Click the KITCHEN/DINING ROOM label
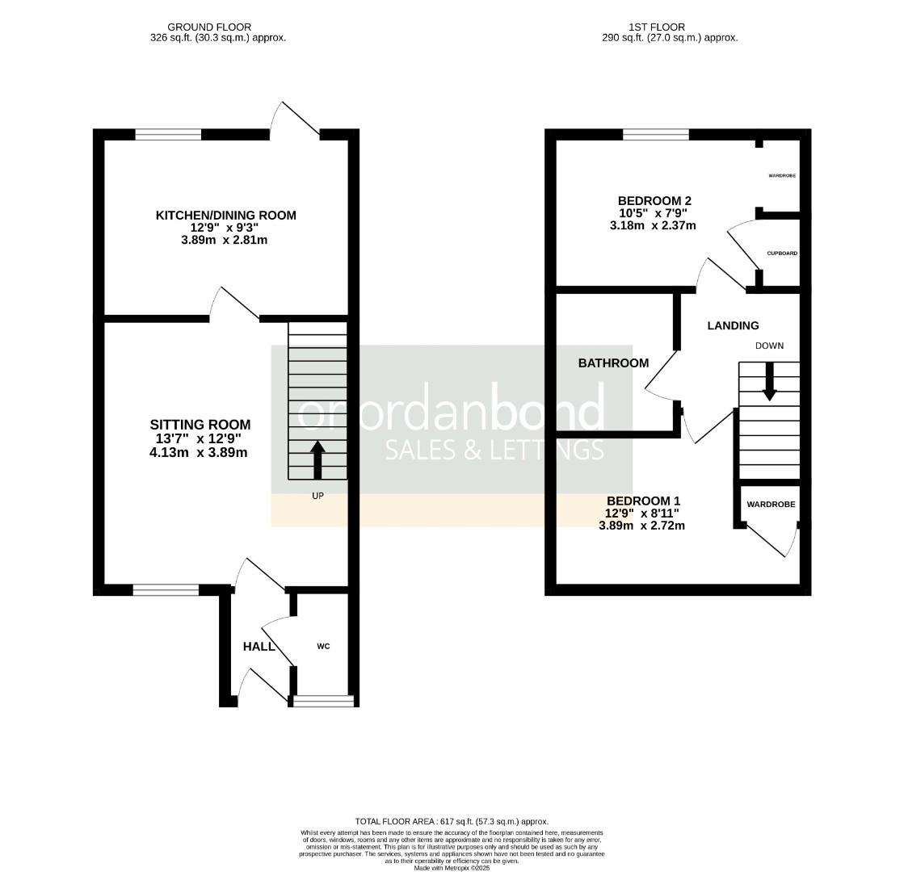click(x=225, y=216)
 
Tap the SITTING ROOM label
click(x=200, y=425)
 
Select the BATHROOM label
click(x=613, y=363)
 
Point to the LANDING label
click(x=733, y=326)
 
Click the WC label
click(x=323, y=646)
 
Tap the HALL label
click(x=259, y=647)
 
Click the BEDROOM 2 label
click(x=654, y=201)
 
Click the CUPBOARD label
click(x=782, y=254)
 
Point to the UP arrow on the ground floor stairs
click(x=317, y=459)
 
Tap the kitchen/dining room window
click(x=168, y=135)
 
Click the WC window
click(x=323, y=701)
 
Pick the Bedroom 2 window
click(x=655, y=135)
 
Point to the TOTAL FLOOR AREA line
click(x=452, y=821)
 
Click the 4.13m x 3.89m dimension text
click(x=198, y=452)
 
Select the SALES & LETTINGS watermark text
click(x=494, y=450)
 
